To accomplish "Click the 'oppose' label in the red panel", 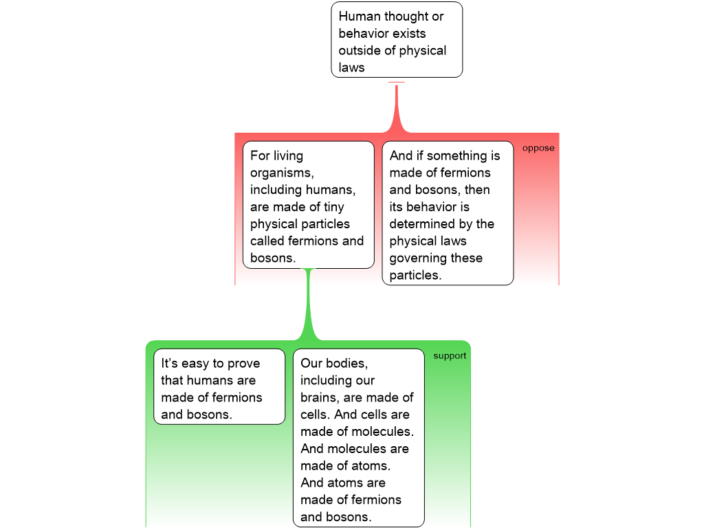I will click(538, 148).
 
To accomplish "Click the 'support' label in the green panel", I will click(450, 355).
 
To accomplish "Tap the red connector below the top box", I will click(397, 110).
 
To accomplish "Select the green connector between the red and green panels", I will click(309, 309).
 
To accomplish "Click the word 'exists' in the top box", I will click(408, 34).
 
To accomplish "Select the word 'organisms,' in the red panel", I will click(282, 173).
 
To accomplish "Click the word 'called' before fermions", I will click(267, 241).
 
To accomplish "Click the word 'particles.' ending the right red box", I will click(415, 275).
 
